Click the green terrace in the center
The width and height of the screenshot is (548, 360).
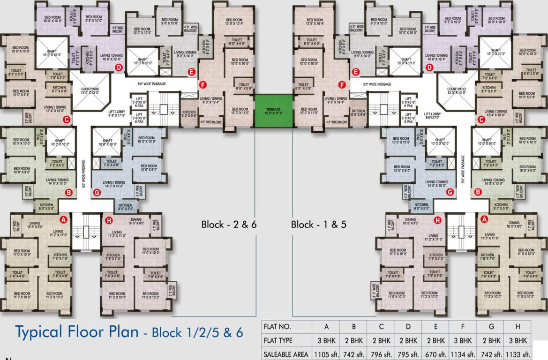274,111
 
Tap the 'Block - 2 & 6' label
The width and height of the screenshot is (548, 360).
229,224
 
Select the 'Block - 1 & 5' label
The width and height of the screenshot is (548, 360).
318,224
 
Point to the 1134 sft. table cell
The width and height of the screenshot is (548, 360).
463,354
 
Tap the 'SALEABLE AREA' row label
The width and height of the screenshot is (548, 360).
286,354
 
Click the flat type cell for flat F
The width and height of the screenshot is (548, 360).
463,340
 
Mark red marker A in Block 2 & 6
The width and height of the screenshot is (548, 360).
64,219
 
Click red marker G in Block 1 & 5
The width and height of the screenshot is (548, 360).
450,192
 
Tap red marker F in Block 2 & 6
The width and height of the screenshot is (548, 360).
203,85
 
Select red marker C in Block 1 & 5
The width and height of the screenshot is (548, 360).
480,120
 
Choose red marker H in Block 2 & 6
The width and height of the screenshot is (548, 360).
109,219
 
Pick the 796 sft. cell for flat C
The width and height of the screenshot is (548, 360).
380,354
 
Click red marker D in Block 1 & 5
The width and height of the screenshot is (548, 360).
429,67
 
